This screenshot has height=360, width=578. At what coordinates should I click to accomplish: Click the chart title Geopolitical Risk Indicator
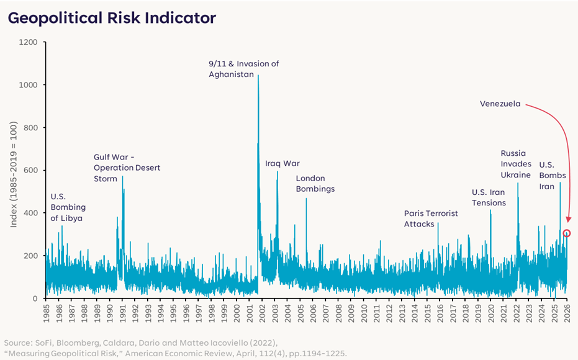tap(112, 18)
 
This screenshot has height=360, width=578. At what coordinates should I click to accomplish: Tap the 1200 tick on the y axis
tap(29, 42)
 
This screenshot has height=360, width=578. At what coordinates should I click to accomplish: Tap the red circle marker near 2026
tap(566, 233)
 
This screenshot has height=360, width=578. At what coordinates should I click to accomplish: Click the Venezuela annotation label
tap(500, 104)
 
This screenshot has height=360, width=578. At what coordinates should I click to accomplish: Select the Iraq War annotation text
tap(282, 163)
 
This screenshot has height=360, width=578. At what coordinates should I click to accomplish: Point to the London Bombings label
tap(315, 184)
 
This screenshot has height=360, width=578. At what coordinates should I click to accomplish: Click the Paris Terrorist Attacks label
tap(431, 218)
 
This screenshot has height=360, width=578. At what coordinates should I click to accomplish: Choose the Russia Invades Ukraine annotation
tap(516, 164)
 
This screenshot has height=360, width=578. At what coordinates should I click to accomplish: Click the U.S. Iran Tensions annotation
tap(489, 197)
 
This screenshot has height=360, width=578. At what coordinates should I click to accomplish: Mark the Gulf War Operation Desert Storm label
tap(127, 168)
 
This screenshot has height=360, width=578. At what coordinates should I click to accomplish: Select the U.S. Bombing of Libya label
tap(68, 207)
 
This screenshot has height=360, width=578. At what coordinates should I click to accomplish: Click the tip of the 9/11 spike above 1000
tap(258, 76)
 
